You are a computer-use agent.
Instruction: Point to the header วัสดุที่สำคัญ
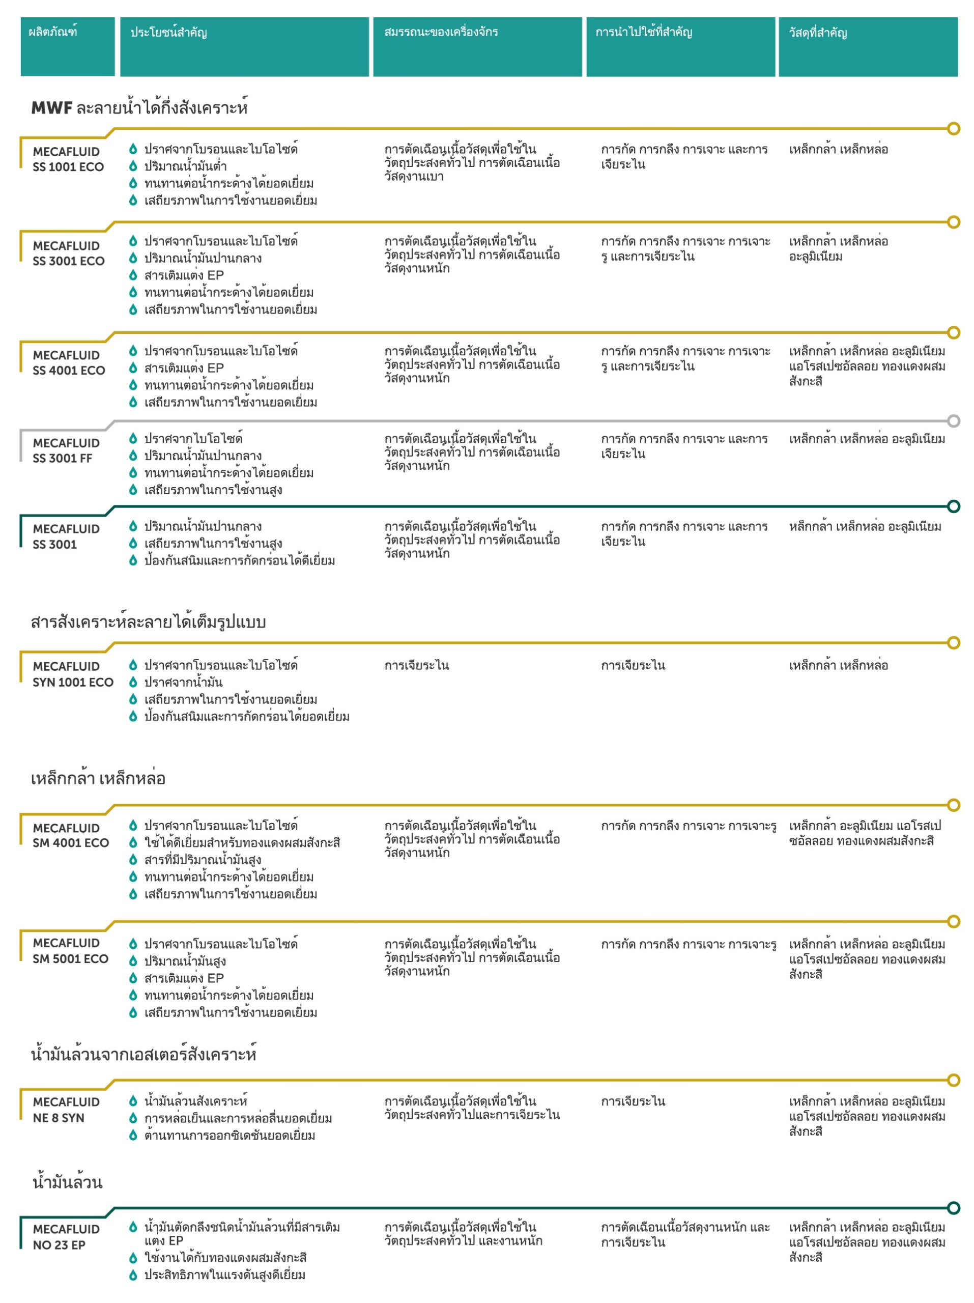coord(817,33)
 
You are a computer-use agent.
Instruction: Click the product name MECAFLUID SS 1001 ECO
coord(68,159)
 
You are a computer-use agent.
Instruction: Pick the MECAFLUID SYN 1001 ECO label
coord(72,674)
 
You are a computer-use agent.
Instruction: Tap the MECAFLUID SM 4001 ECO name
coord(70,835)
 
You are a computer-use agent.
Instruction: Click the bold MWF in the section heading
coord(51,108)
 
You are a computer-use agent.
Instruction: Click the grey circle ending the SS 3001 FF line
coord(953,420)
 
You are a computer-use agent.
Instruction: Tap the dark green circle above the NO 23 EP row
coord(953,1208)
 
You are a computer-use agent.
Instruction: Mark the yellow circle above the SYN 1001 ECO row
coord(953,643)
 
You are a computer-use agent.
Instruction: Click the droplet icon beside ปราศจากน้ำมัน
coord(133,682)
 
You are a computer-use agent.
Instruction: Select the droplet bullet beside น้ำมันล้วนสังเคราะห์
coord(133,1101)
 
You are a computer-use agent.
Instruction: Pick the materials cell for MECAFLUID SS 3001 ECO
coord(838,248)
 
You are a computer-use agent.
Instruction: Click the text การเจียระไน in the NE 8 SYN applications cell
coord(633,1101)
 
